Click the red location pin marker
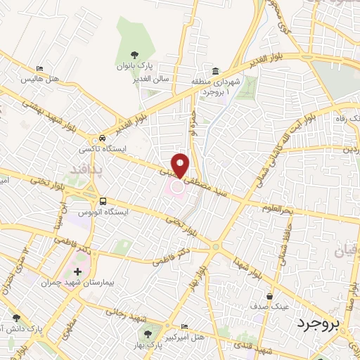(181, 165)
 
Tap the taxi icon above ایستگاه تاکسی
(103, 138)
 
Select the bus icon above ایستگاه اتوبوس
(103, 200)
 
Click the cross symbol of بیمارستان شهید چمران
(77, 271)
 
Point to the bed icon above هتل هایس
(40, 69)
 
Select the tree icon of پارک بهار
(147, 334)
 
